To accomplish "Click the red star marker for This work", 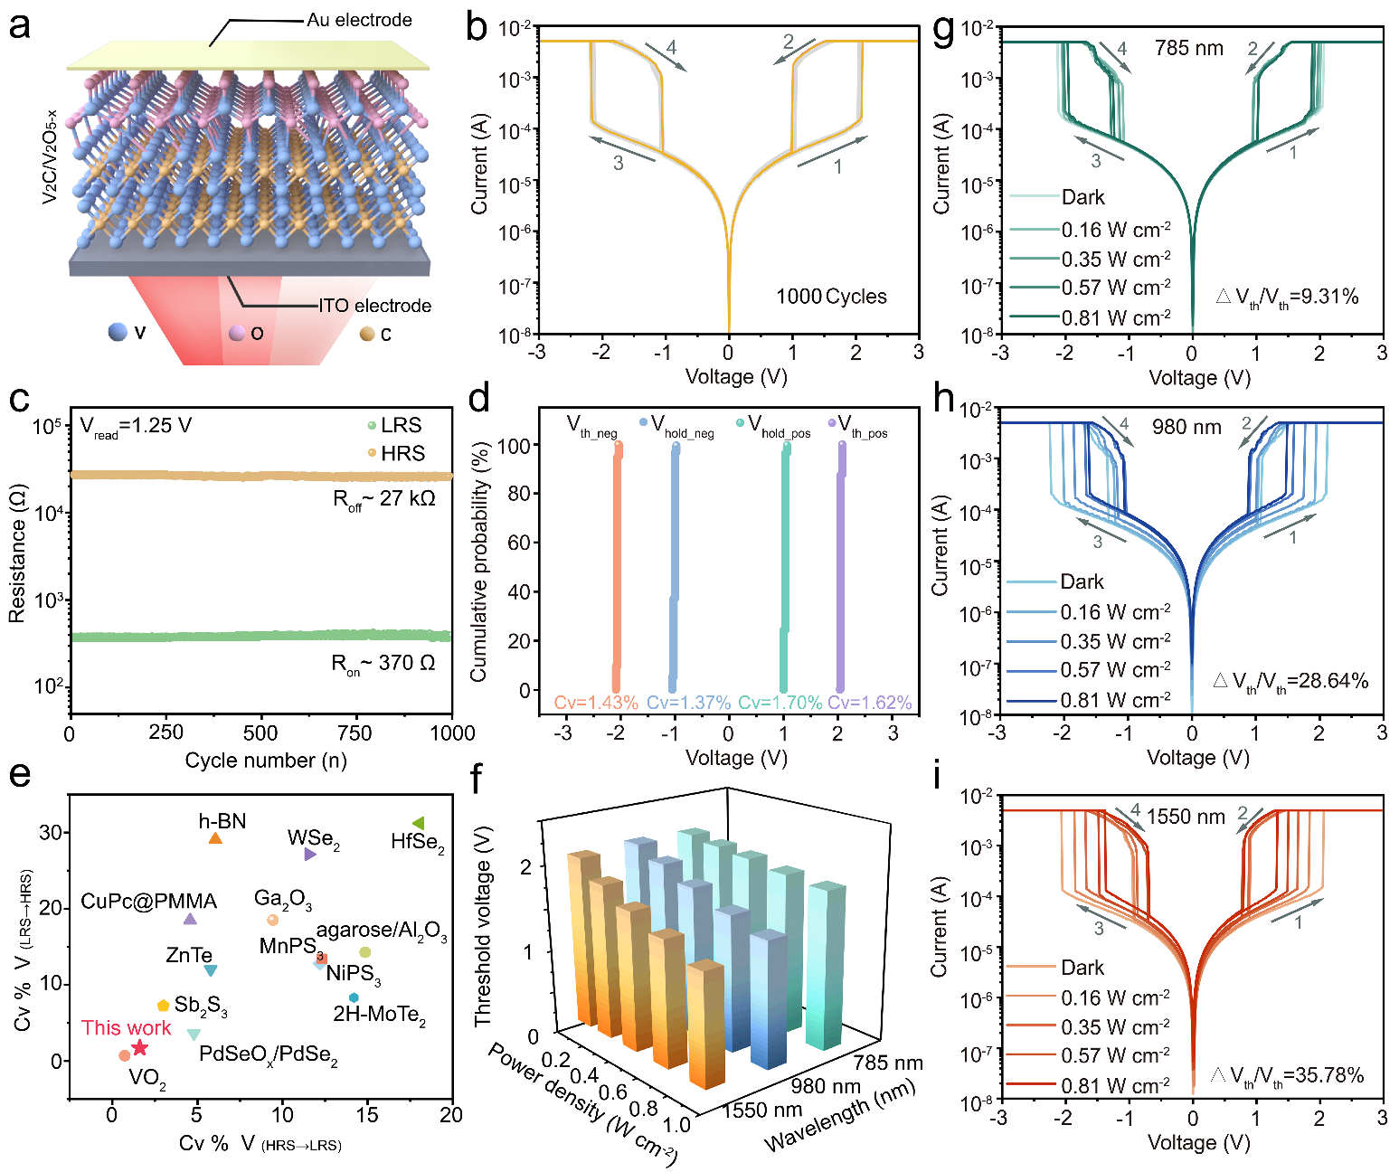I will pos(139,1047).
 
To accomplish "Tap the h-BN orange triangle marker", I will pos(215,838).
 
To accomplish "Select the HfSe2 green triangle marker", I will pos(418,823).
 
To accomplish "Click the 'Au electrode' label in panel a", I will pos(359,20).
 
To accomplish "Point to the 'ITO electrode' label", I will pos(374,306).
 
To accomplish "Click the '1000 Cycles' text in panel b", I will pos(831,297).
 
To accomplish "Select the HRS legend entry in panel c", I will pos(396,453).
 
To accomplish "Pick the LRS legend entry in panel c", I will pos(395,425).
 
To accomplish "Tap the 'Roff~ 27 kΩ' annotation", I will pos(384,499).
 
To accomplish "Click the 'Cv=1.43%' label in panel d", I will pos(596,703).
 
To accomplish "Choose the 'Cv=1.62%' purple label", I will pos(869,703).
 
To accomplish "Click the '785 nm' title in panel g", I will pos(1188,48).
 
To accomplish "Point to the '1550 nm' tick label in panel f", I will pos(761,1110).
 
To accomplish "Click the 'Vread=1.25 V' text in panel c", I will pos(136,427).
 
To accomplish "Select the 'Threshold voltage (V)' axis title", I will pos(484,926).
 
